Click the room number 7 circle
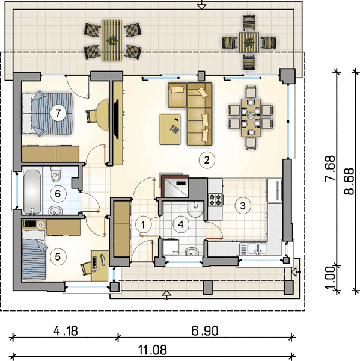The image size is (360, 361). pyautogui.click(x=58, y=113)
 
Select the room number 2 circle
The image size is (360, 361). pyautogui.click(x=207, y=160)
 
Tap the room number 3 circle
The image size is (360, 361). pyautogui.click(x=243, y=206)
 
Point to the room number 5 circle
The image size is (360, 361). pyautogui.click(x=58, y=256)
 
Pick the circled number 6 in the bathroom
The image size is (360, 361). pyautogui.click(x=58, y=194)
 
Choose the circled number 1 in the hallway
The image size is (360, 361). pyautogui.click(x=143, y=224)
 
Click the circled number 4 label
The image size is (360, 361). pyautogui.click(x=181, y=224)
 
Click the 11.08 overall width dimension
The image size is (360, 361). pyautogui.click(x=152, y=350)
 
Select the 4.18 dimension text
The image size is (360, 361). pyautogui.click(x=66, y=331)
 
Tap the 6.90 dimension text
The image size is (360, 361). pyautogui.click(x=205, y=331)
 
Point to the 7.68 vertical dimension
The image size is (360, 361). pyautogui.click(x=330, y=168)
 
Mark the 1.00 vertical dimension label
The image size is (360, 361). pyautogui.click(x=331, y=278)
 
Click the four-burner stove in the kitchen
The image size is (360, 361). pyautogui.click(x=216, y=199)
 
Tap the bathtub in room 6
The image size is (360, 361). pyautogui.click(x=32, y=191)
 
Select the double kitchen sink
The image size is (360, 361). pyautogui.click(x=253, y=249)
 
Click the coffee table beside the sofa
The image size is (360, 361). pyautogui.click(x=170, y=129)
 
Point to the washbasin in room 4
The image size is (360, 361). pyautogui.click(x=192, y=252)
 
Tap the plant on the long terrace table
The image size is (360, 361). pyautogui.click(x=112, y=41)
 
